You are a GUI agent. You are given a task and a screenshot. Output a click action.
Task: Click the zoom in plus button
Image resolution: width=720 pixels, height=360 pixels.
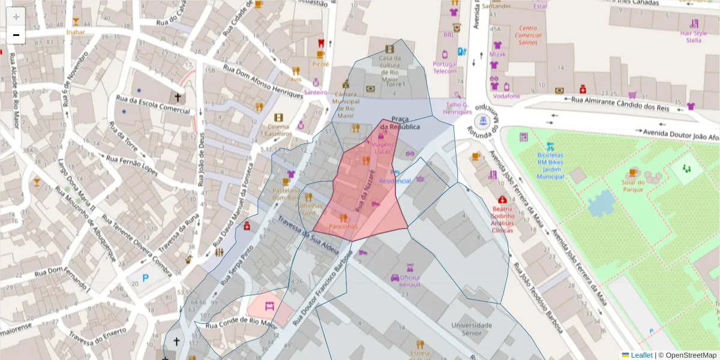[x=16, y=17]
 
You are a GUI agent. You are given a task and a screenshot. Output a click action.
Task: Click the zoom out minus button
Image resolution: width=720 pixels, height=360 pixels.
[x=16, y=35]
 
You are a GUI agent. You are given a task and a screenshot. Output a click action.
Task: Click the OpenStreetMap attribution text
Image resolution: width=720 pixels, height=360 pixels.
[x=688, y=355]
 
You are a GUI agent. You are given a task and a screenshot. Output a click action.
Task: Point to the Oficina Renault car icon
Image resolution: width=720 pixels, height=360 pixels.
[x=395, y=278]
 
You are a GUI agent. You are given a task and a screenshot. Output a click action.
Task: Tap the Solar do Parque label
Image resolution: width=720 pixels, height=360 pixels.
[x=632, y=186]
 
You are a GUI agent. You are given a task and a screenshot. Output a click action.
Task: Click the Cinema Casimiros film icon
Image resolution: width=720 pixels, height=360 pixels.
[x=278, y=118]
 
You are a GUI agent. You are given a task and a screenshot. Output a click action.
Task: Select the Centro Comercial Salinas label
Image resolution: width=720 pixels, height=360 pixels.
[x=527, y=35]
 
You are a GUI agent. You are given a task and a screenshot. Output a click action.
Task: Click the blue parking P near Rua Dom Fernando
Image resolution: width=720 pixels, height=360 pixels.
[x=145, y=278]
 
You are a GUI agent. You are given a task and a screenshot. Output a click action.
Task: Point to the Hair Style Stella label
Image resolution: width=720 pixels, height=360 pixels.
[x=693, y=37]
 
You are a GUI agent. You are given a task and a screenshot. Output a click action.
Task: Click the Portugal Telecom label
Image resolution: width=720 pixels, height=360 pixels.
[x=445, y=67]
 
